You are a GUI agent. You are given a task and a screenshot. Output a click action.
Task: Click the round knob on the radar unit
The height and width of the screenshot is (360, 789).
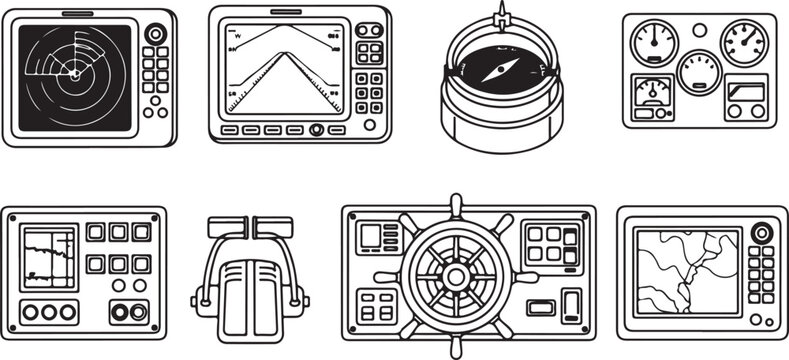pos(155,34)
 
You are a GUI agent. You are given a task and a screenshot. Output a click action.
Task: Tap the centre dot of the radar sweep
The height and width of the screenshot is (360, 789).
pos(72,73)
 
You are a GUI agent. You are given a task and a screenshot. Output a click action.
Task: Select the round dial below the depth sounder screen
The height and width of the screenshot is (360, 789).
pos(317,130)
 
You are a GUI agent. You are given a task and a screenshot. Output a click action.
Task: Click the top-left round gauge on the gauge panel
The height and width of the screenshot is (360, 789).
pos(656,40)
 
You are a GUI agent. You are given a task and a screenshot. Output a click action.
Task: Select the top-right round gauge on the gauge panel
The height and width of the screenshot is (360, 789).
pos(745,43)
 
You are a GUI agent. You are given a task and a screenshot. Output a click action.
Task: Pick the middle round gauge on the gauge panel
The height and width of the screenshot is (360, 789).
pos(699,71)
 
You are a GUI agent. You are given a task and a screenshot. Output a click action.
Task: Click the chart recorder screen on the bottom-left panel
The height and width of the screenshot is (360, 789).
pos(47,256)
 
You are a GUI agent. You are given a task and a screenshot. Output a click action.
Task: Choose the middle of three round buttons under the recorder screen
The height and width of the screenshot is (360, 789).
pos(47,311)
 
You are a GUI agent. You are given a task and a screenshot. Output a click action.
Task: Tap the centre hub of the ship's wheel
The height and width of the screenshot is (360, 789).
pos(456,274)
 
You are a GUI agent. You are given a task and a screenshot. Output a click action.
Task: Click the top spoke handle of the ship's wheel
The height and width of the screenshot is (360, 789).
pos(456,204)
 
